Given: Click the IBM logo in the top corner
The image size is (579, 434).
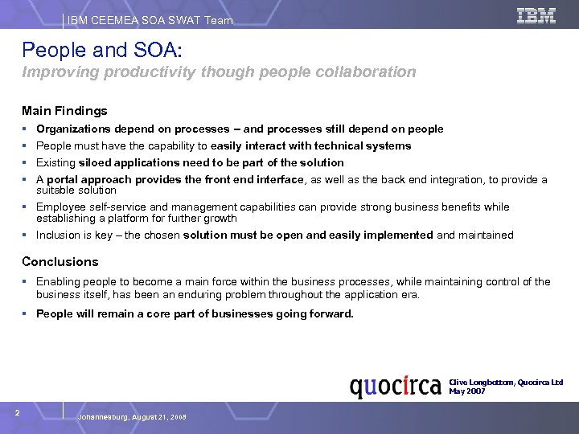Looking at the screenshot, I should coord(536,15).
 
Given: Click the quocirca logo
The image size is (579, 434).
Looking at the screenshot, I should coord(396,387).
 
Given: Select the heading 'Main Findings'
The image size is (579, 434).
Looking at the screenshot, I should coord(64,111).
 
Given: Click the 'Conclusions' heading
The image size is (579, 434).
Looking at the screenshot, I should coord(60,261).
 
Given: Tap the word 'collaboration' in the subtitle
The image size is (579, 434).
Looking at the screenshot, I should coord(369,72).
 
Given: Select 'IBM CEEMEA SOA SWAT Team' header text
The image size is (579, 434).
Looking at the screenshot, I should coord(150,20).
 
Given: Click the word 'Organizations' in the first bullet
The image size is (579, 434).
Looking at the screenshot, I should coord(75,129).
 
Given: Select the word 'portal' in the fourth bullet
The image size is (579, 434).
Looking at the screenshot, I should coord(64,179).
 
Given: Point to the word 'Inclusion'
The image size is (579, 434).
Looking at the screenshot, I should coord(60,235).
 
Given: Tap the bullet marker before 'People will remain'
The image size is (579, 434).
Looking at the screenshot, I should coord(27,314).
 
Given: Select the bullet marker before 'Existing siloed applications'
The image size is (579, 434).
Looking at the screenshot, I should coord(27,162).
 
